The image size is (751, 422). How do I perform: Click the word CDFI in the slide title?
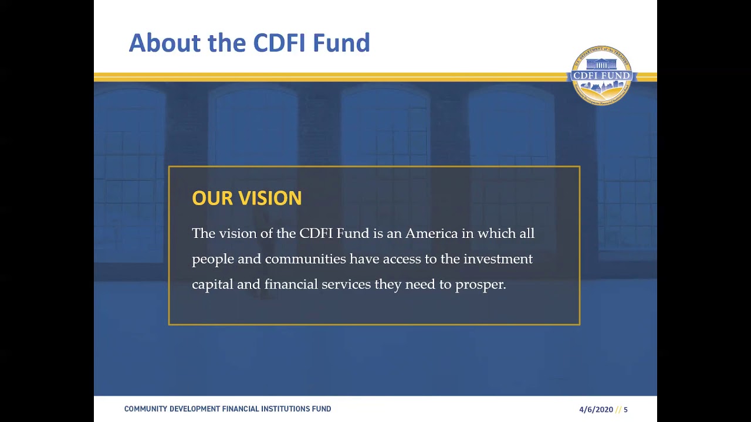279,43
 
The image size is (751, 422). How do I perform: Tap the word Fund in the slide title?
341,43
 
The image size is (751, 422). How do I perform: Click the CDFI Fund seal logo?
602,76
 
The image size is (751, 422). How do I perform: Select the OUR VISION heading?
246,198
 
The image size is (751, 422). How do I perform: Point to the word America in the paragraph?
431,233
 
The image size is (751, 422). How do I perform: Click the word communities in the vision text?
305,259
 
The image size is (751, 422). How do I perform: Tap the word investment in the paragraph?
498,259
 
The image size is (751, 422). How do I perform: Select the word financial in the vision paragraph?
290,284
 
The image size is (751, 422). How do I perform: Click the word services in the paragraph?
346,284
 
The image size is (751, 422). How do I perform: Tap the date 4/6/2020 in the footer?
596,410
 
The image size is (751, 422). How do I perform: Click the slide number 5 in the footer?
625,410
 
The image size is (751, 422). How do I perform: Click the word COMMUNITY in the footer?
145,409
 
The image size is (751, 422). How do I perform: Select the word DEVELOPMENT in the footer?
195,409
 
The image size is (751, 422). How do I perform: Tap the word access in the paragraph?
401,259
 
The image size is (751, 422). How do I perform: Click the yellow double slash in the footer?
618,410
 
